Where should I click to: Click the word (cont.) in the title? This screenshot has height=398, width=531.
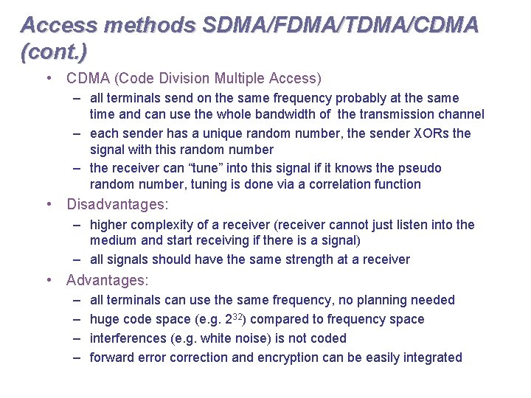click(54, 52)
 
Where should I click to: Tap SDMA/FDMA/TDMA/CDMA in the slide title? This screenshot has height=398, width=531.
click(338, 25)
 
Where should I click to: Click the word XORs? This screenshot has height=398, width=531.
click(430, 133)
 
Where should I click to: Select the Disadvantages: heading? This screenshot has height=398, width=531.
click(117, 204)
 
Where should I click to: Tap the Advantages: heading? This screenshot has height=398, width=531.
click(108, 280)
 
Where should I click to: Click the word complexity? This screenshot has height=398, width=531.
click(159, 225)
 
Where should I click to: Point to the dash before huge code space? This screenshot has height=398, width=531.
click(77, 319)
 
